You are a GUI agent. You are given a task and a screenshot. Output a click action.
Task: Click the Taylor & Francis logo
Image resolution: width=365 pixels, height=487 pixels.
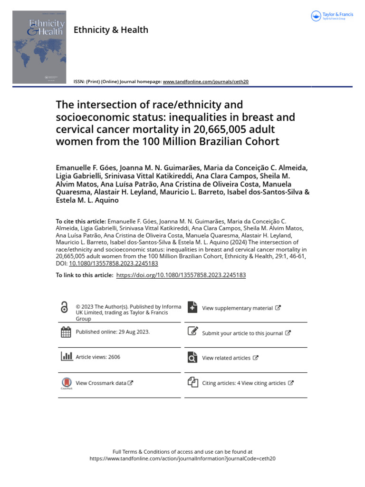(x=332, y=16)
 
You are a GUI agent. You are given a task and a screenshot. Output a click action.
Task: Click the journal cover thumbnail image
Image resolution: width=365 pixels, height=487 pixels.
(x=39, y=47)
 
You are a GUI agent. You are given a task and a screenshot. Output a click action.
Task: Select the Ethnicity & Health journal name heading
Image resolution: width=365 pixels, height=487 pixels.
(x=111, y=30)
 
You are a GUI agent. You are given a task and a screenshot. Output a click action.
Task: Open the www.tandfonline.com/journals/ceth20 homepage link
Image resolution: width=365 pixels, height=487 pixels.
(x=205, y=82)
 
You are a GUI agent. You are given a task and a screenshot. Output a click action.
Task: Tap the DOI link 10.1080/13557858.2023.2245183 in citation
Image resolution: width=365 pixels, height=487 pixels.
(x=113, y=263)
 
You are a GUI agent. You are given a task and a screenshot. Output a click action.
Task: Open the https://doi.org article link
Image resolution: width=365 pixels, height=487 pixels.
(x=181, y=275)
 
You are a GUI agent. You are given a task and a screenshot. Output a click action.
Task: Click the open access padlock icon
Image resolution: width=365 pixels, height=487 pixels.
(x=65, y=308)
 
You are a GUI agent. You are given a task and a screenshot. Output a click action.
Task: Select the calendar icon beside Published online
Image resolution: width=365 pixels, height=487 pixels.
(x=66, y=332)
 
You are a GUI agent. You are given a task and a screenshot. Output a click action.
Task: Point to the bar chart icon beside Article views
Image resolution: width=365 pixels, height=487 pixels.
(x=66, y=357)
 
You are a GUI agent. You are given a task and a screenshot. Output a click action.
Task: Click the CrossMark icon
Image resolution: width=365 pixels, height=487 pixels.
(x=66, y=383)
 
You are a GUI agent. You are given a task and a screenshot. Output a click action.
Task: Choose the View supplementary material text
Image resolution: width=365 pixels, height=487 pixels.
(x=237, y=308)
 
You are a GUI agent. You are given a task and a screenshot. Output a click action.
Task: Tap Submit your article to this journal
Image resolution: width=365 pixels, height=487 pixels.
(x=242, y=333)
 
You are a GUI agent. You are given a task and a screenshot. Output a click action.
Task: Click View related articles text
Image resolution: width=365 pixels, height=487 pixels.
(x=226, y=358)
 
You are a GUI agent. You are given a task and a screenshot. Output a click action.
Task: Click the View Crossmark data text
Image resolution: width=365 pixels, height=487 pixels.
(x=101, y=383)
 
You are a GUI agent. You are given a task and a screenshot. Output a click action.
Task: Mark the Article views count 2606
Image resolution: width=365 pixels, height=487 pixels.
(x=114, y=357)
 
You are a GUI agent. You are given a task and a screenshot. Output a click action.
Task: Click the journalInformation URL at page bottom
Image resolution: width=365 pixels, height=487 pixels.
(x=182, y=458)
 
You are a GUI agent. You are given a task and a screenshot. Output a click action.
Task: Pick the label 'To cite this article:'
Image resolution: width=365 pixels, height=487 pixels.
(x=81, y=221)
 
